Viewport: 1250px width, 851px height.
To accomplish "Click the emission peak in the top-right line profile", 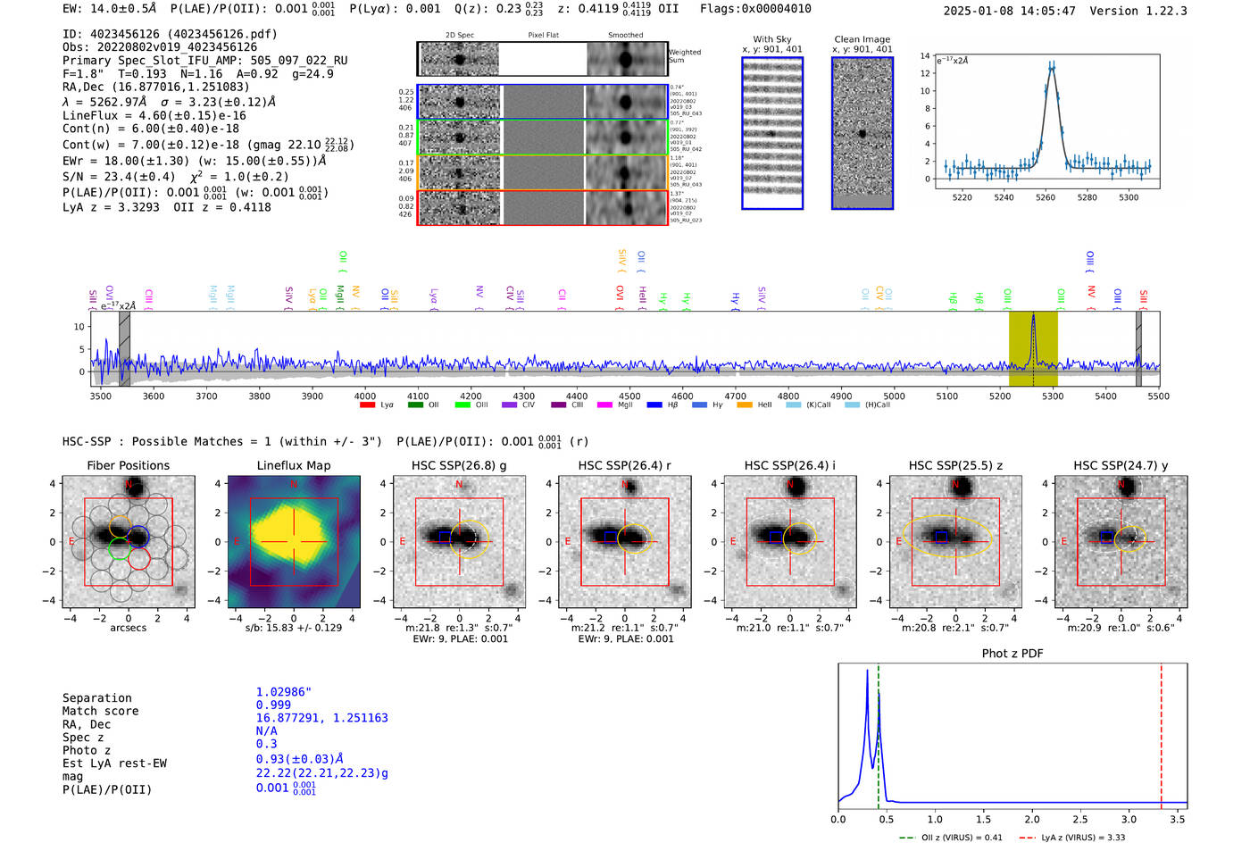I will [1052, 66].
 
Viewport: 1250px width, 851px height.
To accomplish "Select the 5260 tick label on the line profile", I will [1046, 197].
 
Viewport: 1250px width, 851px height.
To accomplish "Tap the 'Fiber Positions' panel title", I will [128, 465].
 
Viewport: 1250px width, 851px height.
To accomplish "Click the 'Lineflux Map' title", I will [293, 465].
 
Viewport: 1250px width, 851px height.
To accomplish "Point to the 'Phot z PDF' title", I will [1012, 654].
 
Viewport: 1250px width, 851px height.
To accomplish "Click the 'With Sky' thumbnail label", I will [772, 39].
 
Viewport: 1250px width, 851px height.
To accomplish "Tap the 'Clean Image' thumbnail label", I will [862, 39].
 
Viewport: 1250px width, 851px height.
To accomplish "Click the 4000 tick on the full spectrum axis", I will [364, 396].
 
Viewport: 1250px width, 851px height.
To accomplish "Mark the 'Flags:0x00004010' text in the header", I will [755, 9].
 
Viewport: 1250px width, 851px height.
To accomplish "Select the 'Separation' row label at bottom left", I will [96, 698].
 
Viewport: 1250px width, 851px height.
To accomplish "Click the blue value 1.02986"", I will [283, 692].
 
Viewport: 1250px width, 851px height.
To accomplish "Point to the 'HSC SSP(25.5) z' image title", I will [955, 465].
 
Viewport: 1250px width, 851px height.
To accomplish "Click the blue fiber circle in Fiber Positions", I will [137, 537].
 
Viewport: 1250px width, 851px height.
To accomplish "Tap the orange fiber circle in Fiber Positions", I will [120, 525].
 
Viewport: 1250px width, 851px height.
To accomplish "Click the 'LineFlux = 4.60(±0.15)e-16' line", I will [154, 115].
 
